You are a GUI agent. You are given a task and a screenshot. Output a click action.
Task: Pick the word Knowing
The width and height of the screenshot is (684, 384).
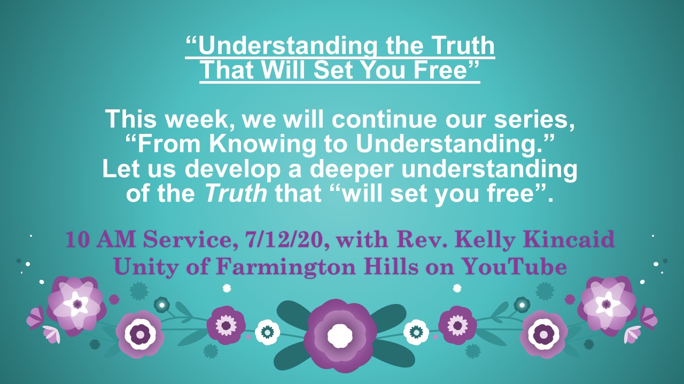coord(262,144)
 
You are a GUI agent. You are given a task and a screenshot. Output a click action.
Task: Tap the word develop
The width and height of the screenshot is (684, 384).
coord(232,169)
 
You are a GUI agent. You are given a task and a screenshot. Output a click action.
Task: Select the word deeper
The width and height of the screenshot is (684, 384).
coord(351,170)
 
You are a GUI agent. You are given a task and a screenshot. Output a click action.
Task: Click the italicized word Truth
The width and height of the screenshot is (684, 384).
coord(236,193)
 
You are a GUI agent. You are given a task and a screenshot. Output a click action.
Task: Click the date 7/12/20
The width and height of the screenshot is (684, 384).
coord(285,240)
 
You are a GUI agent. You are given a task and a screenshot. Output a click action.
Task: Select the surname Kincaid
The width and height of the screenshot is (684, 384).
coord(569,240)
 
